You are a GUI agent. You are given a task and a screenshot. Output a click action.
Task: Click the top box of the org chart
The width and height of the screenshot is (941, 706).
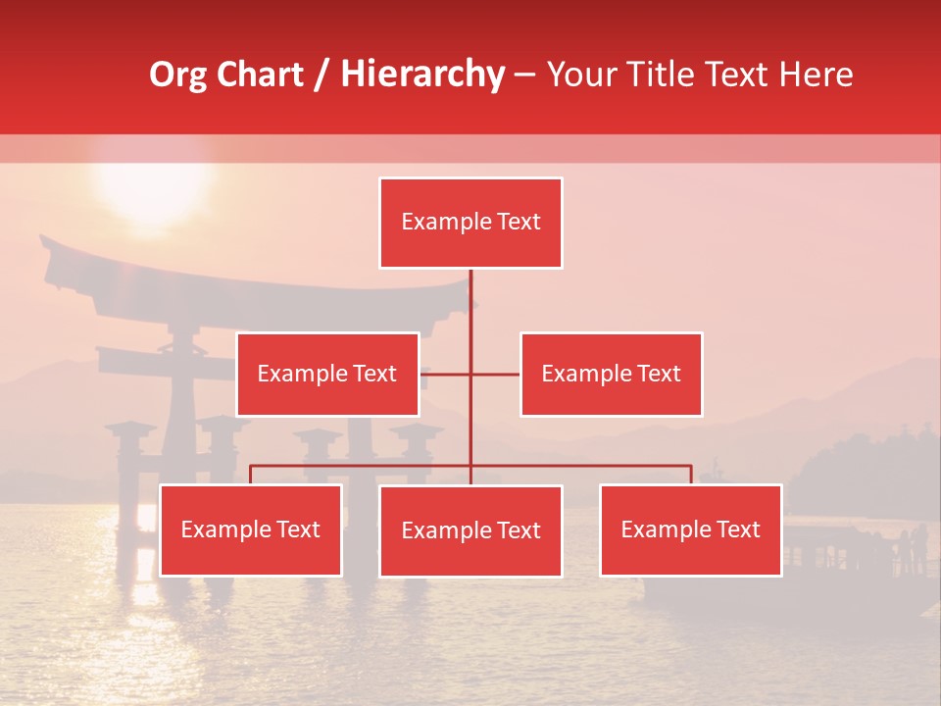(470, 223)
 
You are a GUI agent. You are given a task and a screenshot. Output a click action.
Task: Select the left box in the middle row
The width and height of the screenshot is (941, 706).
(327, 374)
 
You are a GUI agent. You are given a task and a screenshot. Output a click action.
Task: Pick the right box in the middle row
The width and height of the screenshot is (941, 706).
(611, 374)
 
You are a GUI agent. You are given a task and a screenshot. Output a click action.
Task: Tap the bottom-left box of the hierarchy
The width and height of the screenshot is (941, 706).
(251, 529)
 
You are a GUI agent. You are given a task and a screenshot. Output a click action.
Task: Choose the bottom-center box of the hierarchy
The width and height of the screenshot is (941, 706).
(470, 530)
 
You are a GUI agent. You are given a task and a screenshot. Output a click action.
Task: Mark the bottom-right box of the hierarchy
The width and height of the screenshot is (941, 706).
(691, 529)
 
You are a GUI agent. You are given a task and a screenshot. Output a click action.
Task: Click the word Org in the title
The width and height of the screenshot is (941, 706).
(177, 75)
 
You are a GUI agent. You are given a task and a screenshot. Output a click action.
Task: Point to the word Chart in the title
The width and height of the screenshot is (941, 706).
(260, 75)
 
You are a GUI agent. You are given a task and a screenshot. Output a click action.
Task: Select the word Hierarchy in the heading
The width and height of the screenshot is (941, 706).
(422, 75)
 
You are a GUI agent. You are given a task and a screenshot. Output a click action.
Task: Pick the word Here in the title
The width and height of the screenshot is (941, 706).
(817, 75)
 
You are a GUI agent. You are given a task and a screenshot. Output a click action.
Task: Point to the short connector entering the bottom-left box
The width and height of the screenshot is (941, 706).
(251, 475)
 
